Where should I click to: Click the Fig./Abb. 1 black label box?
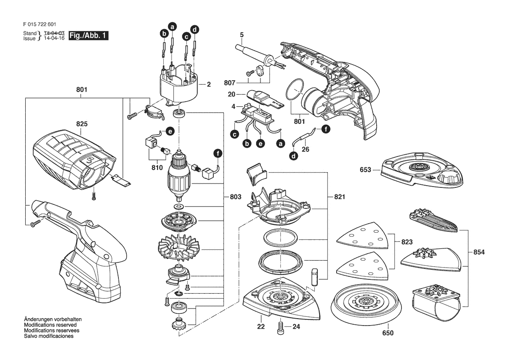[89, 36]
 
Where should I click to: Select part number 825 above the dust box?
[82, 124]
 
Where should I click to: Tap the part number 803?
[236, 197]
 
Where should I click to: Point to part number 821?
[340, 197]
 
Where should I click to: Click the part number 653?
[365, 170]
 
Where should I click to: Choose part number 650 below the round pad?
[388, 333]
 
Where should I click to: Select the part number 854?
[479, 252]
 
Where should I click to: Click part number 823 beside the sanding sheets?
[407, 242]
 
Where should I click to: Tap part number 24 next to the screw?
[296, 326]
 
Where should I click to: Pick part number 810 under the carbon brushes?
[157, 168]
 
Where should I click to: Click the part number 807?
[229, 83]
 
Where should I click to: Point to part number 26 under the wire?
[306, 149]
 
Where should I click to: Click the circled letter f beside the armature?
[218, 153]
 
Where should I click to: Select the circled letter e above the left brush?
[170, 131]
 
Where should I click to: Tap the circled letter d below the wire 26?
[293, 156]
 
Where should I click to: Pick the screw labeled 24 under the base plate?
[280, 327]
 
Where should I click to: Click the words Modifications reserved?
[51, 325]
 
